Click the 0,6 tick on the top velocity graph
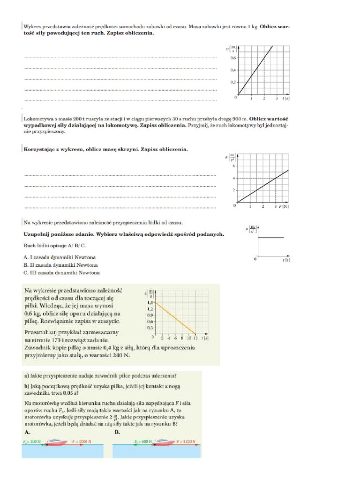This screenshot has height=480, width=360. click(x=233, y=58)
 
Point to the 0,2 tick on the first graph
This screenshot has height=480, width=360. click(x=233, y=82)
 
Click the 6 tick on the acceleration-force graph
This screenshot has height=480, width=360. click(x=233, y=166)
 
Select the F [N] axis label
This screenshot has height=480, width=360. click(x=284, y=206)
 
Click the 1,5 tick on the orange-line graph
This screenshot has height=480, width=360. click(x=150, y=303)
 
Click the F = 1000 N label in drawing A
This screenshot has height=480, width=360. click(x=82, y=442)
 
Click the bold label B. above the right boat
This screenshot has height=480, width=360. click(x=118, y=432)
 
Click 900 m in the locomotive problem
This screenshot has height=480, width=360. click(x=240, y=119)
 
